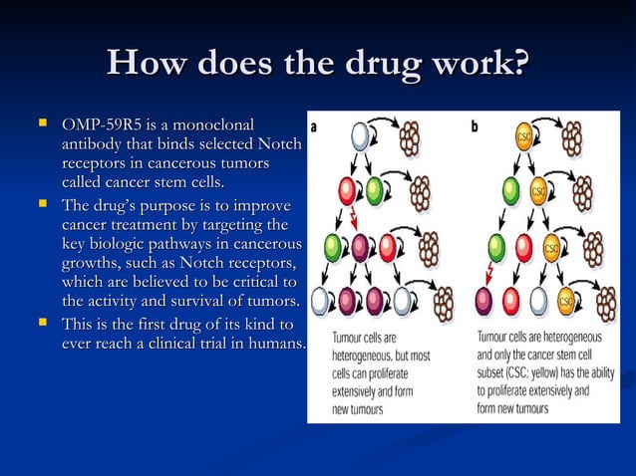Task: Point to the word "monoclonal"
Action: pyautogui.click(x=214, y=125)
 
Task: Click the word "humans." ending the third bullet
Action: pyautogui.click(x=272, y=344)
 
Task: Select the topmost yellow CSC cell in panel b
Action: pyautogui.click(x=525, y=137)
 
